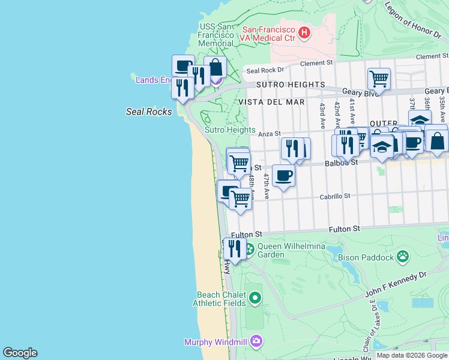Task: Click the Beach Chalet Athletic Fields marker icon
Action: (x=256, y=298)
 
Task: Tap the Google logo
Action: (x=20, y=353)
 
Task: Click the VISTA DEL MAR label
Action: (x=271, y=102)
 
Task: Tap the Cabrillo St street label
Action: (x=334, y=196)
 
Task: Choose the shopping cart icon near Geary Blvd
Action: (x=379, y=78)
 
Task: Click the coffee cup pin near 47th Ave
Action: (x=283, y=175)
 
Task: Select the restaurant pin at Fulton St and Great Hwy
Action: (x=235, y=248)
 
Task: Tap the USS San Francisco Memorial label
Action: (x=216, y=35)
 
